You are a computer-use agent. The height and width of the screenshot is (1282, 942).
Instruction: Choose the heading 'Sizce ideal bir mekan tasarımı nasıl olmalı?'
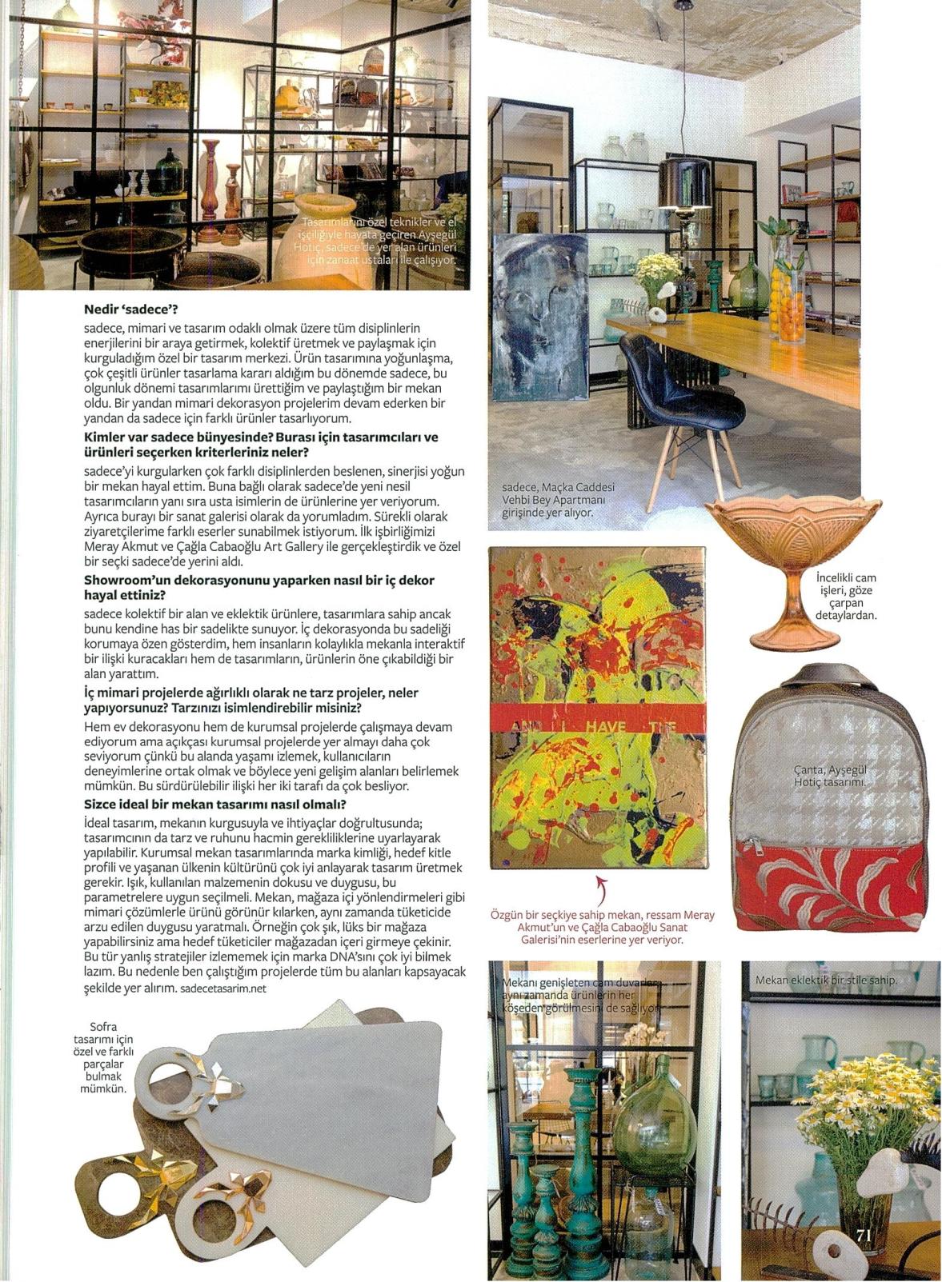214,805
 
